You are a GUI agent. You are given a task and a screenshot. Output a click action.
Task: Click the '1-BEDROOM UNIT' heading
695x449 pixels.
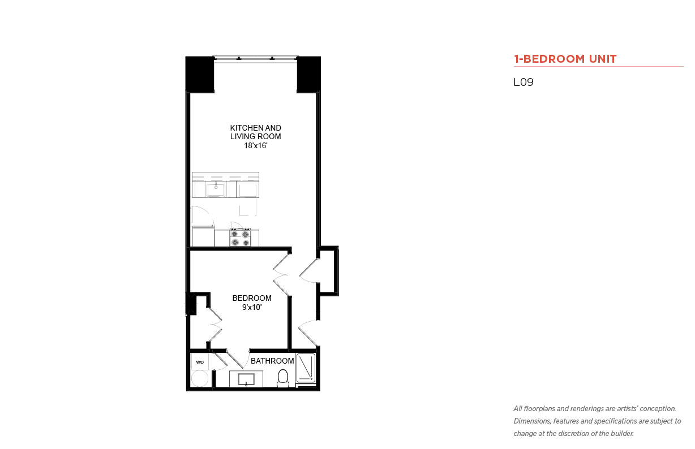pyautogui.click(x=565, y=59)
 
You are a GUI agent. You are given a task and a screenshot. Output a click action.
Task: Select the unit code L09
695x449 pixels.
pyautogui.click(x=524, y=82)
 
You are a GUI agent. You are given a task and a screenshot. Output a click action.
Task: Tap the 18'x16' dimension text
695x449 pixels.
pyautogui.click(x=256, y=145)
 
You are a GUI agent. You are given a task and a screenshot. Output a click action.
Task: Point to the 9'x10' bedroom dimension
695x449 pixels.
pyautogui.click(x=252, y=307)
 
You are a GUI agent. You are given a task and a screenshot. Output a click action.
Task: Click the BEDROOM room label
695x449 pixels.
pyautogui.click(x=252, y=298)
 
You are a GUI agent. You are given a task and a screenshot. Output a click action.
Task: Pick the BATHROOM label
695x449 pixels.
pyautogui.click(x=272, y=361)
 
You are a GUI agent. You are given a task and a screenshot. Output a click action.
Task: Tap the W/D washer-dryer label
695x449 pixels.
pyautogui.click(x=200, y=362)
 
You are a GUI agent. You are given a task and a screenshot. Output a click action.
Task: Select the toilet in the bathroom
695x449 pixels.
pyautogui.click(x=282, y=378)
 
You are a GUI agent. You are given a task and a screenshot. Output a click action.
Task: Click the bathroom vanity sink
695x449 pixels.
pyautogui.click(x=246, y=379)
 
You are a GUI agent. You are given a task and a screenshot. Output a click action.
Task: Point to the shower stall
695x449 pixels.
pyautogui.click(x=306, y=368)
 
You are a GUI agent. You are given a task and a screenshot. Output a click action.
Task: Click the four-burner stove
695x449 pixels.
pyautogui.click(x=240, y=237)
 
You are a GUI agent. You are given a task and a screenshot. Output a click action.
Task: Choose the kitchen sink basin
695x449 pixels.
pyautogui.click(x=216, y=189)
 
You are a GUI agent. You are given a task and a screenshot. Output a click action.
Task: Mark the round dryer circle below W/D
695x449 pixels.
pyautogui.click(x=200, y=379)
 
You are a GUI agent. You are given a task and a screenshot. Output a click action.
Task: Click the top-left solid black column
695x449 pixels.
pyautogui.click(x=200, y=75)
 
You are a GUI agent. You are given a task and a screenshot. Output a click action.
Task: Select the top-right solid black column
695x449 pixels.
pyautogui.click(x=308, y=75)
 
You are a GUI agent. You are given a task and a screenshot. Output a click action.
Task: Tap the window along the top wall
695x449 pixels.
pyautogui.click(x=255, y=58)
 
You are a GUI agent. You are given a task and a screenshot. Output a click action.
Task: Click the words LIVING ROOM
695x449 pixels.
pyautogui.click(x=256, y=136)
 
